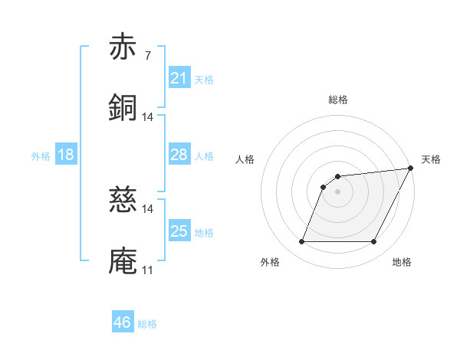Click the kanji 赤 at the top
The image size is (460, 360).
(x=123, y=47)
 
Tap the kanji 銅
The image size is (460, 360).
(x=123, y=107)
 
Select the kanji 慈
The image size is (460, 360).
(x=123, y=201)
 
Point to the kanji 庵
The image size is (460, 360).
(x=123, y=260)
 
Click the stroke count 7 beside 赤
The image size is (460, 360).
(x=148, y=56)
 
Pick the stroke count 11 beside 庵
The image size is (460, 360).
(x=148, y=270)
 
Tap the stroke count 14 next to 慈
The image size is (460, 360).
(x=148, y=209)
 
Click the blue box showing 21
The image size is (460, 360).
(x=179, y=77)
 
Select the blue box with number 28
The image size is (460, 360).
(x=179, y=155)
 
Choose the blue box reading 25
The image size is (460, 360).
(x=179, y=231)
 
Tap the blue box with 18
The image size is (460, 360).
(x=66, y=155)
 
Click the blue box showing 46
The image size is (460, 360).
(x=123, y=322)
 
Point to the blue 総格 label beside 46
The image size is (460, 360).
(x=147, y=324)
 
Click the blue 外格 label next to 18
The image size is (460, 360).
(x=41, y=156)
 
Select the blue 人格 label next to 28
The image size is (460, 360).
(x=204, y=156)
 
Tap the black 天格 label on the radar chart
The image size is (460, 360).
(x=431, y=159)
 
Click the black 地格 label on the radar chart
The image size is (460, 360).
(x=402, y=262)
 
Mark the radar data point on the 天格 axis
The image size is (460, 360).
(x=412, y=168)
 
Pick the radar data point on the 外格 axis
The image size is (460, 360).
(x=301, y=242)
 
